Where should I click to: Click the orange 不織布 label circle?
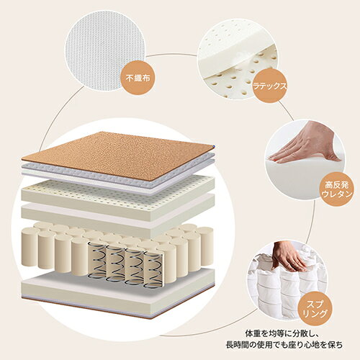[138, 78]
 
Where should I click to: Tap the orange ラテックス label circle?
[270, 85]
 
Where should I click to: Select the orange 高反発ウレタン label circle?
[337, 189]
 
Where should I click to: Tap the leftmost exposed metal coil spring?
[95, 261]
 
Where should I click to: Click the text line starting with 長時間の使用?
[284, 346]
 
